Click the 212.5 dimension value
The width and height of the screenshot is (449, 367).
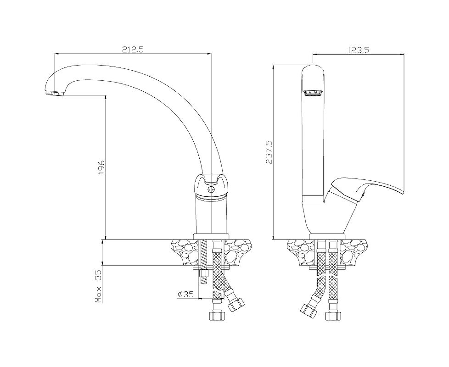point(132,50)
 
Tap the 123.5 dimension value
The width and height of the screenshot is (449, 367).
point(358,50)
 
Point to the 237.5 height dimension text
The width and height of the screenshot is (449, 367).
point(269,152)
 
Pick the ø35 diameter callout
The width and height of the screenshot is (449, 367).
point(185,294)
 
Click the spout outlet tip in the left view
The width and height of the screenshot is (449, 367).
point(55,93)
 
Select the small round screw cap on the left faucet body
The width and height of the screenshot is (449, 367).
point(211,189)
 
